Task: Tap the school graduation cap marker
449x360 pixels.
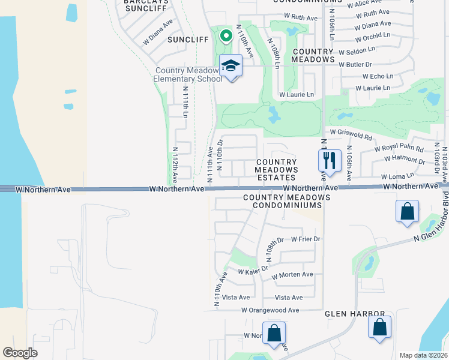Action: (x=230, y=65)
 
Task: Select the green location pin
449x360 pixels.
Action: (x=226, y=36)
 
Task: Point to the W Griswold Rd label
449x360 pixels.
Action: (x=351, y=131)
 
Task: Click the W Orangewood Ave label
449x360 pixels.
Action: (x=270, y=310)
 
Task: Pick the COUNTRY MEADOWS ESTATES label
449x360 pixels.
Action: (x=276, y=170)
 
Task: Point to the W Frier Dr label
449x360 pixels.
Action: (x=306, y=239)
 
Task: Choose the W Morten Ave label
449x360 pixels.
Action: (x=292, y=275)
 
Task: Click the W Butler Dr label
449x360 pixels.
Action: (x=355, y=64)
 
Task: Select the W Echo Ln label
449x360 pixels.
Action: (x=378, y=76)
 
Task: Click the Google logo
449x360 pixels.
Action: (x=20, y=352)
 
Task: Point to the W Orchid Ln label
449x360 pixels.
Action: (x=372, y=35)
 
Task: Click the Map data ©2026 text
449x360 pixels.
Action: (x=423, y=355)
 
